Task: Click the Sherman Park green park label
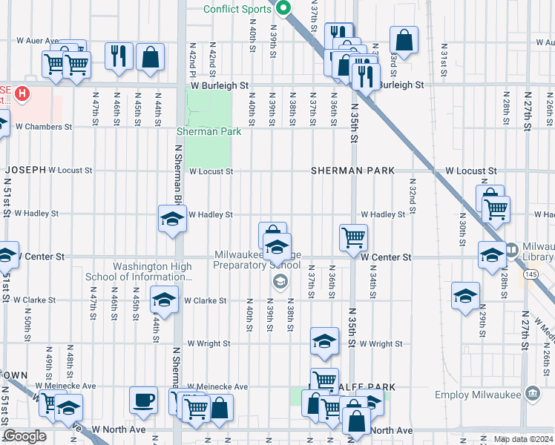pyautogui.click(x=208, y=131)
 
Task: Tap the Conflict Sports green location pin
pyautogui.click(x=283, y=7)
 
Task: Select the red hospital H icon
pyautogui.click(x=23, y=94)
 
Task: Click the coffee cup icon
pyautogui.click(x=143, y=400)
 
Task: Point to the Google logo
pyautogui.click(x=24, y=436)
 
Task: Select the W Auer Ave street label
pyautogui.click(x=37, y=41)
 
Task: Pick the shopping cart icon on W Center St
pyautogui.click(x=353, y=237)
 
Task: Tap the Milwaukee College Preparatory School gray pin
pyautogui.click(x=280, y=280)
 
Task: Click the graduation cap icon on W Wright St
pyautogui.click(x=324, y=341)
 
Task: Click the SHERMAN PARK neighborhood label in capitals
pyautogui.click(x=352, y=171)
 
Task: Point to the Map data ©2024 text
pyautogui.click(x=522, y=438)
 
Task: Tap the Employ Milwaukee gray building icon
pyautogui.click(x=531, y=393)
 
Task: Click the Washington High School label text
pyautogui.click(x=152, y=272)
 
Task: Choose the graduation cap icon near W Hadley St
pyautogui.click(x=171, y=219)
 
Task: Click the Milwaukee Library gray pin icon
pyautogui.click(x=513, y=250)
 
